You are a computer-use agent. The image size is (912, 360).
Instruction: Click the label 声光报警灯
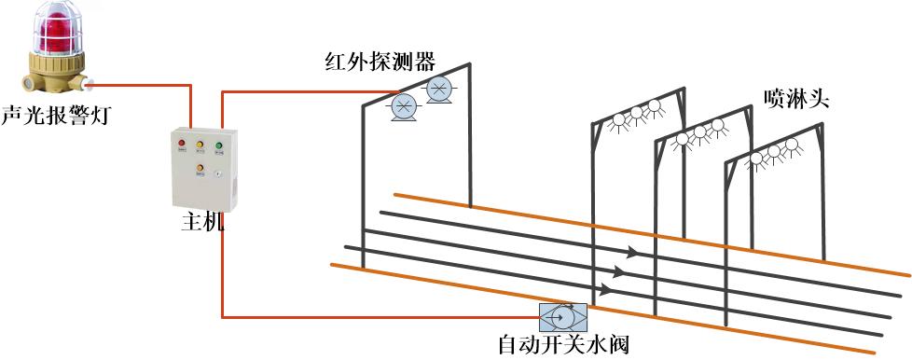(x=54, y=116)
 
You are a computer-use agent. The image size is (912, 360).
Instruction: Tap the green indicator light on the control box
(x=219, y=145)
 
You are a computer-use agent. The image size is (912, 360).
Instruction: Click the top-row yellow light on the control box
(x=200, y=145)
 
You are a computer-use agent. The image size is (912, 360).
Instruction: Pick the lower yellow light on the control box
(x=200, y=169)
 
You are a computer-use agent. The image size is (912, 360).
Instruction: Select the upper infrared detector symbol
(x=438, y=89)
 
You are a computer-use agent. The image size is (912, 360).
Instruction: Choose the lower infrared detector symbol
(x=404, y=105)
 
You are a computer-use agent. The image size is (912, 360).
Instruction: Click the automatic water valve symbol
(x=563, y=316)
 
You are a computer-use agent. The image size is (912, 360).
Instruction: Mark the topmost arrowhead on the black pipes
(x=633, y=252)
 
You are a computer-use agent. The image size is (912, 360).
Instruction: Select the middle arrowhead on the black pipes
(x=622, y=271)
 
